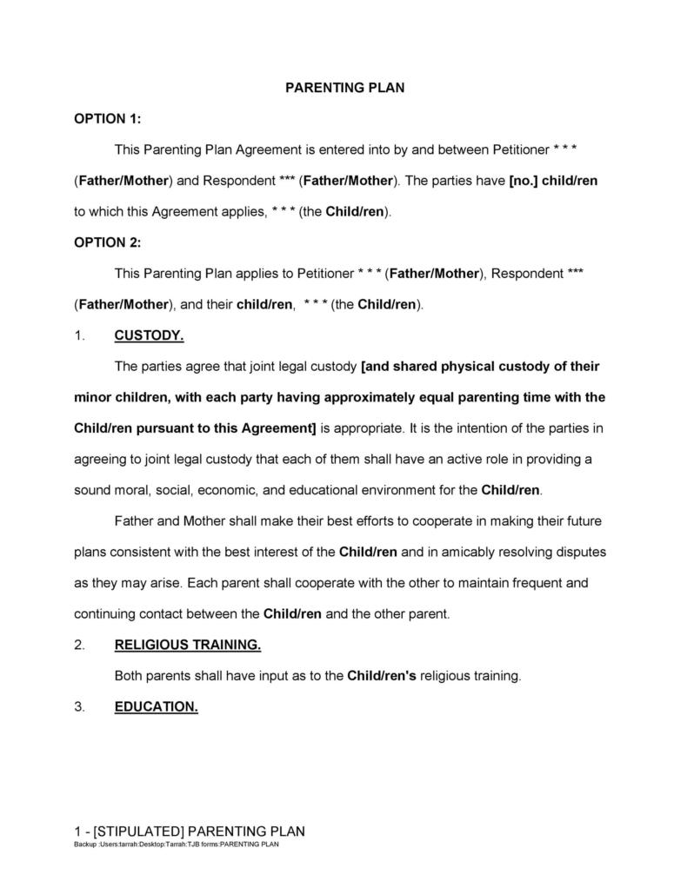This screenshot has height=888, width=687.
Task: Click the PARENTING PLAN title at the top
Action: (345, 88)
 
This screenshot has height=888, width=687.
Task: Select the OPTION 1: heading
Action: (107, 118)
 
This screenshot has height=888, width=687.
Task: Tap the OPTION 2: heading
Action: (107, 242)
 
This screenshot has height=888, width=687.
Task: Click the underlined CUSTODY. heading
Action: (149, 335)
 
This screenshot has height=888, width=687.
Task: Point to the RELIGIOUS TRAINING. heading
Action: (187, 645)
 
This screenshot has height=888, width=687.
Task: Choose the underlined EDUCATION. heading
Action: (157, 706)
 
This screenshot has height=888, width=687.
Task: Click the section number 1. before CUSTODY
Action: (80, 335)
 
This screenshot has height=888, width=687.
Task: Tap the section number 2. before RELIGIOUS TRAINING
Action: (80, 645)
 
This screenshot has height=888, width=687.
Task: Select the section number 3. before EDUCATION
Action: (80, 706)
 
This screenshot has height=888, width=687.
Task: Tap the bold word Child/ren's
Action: (381, 675)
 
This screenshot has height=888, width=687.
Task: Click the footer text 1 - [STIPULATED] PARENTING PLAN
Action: (189, 830)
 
